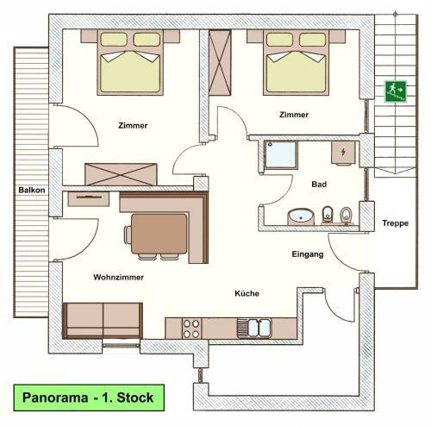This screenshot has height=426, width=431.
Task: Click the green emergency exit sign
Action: point(396,91)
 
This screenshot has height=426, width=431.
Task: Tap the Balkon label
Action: point(32,190)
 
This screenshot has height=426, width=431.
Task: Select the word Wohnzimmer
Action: point(118,278)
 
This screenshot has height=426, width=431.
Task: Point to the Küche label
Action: point(247,293)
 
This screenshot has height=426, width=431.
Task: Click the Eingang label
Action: point(308,254)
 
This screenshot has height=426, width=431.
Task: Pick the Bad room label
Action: point(319,185)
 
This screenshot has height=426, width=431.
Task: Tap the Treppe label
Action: point(396,223)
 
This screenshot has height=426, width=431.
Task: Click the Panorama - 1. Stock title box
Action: point(89,398)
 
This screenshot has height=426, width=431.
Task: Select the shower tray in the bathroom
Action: point(281,154)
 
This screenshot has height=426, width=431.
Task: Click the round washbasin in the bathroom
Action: point(301,217)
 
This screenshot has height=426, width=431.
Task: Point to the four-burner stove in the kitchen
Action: point(191,329)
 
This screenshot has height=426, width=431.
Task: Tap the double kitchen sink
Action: point(254,328)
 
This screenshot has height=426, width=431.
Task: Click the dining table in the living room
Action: point(159,234)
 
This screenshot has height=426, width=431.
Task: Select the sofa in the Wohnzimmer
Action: point(103,321)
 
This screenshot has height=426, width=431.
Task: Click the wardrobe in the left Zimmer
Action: point(121,174)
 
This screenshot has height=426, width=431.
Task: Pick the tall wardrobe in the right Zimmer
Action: point(220,63)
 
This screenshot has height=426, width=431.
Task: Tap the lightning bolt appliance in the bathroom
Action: point(343,153)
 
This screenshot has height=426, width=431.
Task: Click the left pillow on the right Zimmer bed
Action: point(279,40)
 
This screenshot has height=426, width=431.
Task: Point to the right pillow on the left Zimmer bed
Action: point(147,40)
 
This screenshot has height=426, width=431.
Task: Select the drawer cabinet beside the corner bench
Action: point(89,199)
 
